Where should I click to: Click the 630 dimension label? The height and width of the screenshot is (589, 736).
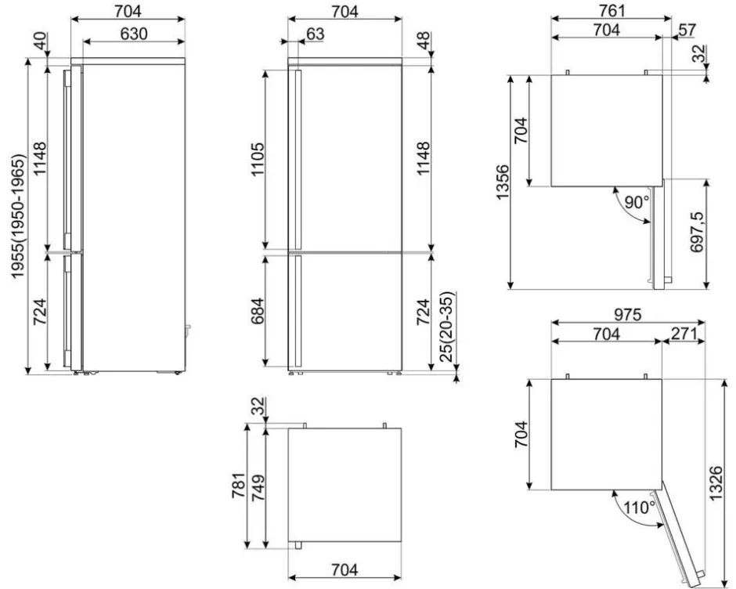[134, 34]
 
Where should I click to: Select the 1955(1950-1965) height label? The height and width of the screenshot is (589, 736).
[18, 216]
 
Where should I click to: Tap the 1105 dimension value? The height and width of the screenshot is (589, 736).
[258, 159]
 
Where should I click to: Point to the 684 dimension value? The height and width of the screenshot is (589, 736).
[258, 311]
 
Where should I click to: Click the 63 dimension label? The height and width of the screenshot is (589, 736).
[316, 34]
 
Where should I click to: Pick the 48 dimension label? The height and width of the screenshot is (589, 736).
[423, 41]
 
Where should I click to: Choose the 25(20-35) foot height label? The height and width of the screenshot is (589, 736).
[446, 327]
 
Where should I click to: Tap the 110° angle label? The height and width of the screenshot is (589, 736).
[640, 508]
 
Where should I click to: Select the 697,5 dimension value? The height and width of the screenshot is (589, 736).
[697, 232]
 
